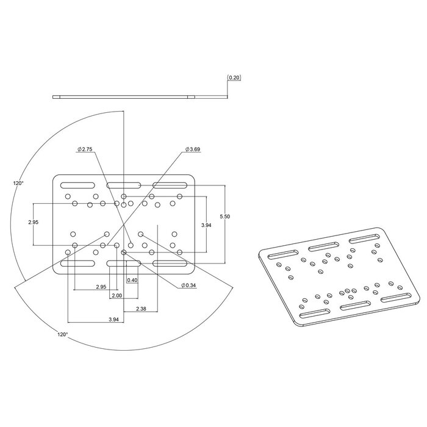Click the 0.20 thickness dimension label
pyautogui.click(x=234, y=78)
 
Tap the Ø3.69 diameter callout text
pyautogui.click(x=193, y=149)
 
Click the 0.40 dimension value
pyautogui.click(x=132, y=280)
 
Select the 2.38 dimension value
pyautogui.click(x=142, y=309)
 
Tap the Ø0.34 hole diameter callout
pyautogui.click(x=190, y=285)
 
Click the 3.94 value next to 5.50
pyautogui.click(x=206, y=225)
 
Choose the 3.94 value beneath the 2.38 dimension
pyautogui.click(x=113, y=319)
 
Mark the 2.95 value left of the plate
pyautogui.click(x=34, y=222)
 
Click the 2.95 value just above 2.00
pyautogui.click(x=101, y=287)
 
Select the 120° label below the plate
pyautogui.click(x=62, y=334)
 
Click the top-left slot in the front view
pyautogui.click(x=77, y=185)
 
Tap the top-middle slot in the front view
pyautogui.click(x=124, y=185)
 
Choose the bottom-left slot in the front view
pyautogui.click(x=77, y=263)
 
